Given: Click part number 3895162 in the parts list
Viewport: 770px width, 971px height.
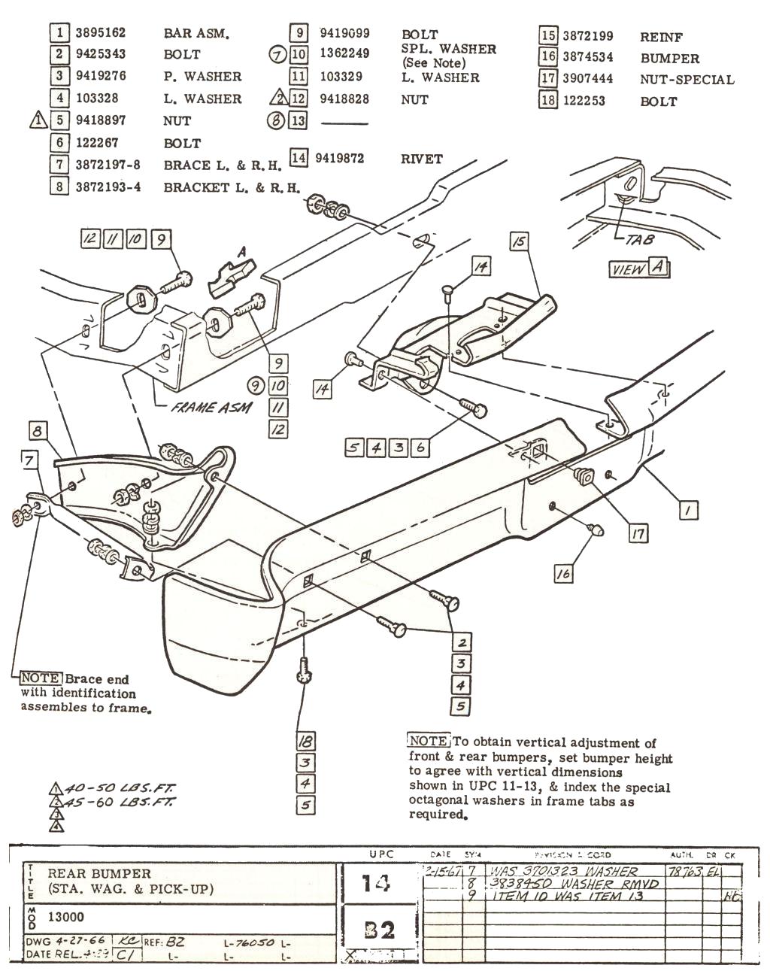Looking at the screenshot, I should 100,32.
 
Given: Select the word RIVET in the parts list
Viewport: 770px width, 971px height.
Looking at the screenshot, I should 422,159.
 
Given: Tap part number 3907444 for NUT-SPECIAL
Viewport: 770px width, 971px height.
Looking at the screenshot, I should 587,78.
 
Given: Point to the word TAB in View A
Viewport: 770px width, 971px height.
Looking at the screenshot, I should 639,240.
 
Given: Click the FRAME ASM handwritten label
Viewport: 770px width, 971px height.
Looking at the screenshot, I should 211,408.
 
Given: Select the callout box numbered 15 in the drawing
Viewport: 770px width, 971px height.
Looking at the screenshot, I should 519,241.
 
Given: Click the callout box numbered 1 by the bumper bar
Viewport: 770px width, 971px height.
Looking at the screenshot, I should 687,511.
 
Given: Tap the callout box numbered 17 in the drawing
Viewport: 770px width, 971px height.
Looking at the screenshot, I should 638,533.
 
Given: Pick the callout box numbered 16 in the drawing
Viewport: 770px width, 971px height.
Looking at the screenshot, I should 563,573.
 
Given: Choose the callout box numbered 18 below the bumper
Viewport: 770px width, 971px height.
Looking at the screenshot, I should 305,741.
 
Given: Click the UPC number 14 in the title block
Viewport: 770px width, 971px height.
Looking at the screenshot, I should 377,882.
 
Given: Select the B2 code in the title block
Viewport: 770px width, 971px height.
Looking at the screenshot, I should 378,931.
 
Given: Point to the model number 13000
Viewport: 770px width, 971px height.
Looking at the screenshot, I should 66,917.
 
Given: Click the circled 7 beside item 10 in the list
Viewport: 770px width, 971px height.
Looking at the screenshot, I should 277,54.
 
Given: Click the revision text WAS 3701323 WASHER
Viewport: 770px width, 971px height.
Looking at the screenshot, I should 564,872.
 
